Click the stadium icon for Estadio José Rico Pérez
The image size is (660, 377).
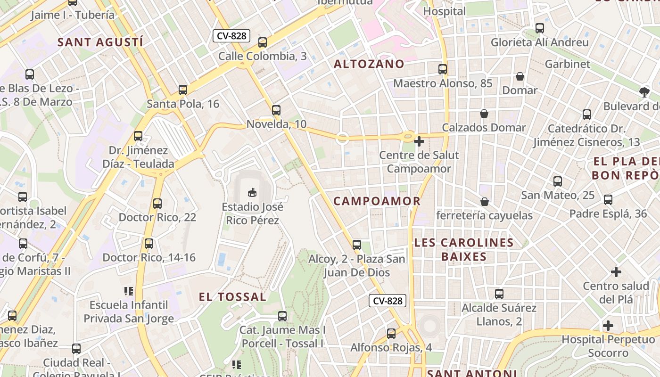pyautogui.click(x=252, y=192)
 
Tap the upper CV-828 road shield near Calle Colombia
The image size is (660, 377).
pyautogui.click(x=231, y=36)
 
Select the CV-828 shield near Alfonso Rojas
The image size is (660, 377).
pyautogui.click(x=387, y=301)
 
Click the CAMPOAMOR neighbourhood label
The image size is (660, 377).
pyautogui.click(x=377, y=201)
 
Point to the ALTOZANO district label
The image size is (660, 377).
pyautogui.click(x=369, y=64)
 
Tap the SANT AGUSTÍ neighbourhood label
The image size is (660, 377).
pyautogui.click(x=100, y=42)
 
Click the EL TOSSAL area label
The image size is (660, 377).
pyautogui.click(x=232, y=297)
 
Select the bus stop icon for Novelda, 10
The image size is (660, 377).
pyautogui.click(x=276, y=110)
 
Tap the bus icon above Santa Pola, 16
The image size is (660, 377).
pyautogui.click(x=183, y=90)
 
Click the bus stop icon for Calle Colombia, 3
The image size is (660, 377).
pyautogui.click(x=263, y=42)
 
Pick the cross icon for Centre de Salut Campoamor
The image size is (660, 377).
pyautogui.click(x=419, y=141)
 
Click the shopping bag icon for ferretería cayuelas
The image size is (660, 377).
pyautogui.click(x=484, y=202)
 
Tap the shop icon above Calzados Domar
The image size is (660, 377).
pyautogui.click(x=484, y=114)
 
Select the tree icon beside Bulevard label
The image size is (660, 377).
pyautogui.click(x=644, y=92)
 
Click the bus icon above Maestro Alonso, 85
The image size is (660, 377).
pyautogui.click(x=443, y=69)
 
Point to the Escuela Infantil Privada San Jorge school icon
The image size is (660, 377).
pyautogui.click(x=129, y=291)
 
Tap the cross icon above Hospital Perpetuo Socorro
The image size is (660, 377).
pyautogui.click(x=608, y=326)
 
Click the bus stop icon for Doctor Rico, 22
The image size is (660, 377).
pyautogui.click(x=157, y=204)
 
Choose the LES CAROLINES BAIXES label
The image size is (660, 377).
pyautogui.click(x=464, y=250)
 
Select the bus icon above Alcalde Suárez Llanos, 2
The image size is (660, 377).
pyautogui.click(x=499, y=294)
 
